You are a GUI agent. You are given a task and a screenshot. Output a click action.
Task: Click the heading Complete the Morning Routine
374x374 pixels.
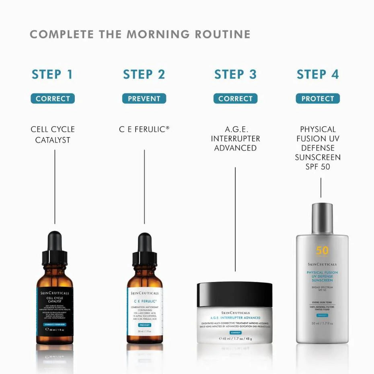(140, 35)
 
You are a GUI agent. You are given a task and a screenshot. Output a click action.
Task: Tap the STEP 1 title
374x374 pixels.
(52, 74)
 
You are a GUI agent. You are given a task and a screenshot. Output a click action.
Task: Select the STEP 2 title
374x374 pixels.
(144, 74)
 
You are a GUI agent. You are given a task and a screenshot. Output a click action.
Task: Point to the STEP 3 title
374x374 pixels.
(235, 74)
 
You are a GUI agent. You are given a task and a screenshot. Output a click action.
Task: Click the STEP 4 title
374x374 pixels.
(318, 74)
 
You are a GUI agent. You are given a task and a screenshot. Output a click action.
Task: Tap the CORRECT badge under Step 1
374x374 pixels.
(53, 99)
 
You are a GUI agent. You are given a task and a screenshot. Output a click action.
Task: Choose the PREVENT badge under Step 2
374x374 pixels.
(144, 99)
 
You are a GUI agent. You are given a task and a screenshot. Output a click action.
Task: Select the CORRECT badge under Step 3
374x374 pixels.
(235, 99)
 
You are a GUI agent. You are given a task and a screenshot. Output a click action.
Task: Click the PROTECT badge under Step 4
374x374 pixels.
(318, 99)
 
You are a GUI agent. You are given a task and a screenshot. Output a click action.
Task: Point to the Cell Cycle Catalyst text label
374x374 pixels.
(53, 135)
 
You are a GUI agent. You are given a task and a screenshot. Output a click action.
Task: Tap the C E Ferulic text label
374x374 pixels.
(144, 129)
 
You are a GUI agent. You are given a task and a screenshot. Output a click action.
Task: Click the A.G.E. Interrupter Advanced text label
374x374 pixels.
(235, 139)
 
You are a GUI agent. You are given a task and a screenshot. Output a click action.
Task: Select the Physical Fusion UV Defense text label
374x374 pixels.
(318, 148)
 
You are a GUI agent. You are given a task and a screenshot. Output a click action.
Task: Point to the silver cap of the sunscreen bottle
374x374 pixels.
(322, 219)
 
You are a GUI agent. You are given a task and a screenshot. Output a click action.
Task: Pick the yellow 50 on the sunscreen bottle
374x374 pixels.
(322, 251)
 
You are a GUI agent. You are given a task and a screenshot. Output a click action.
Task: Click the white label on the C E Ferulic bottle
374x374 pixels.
(145, 312)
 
